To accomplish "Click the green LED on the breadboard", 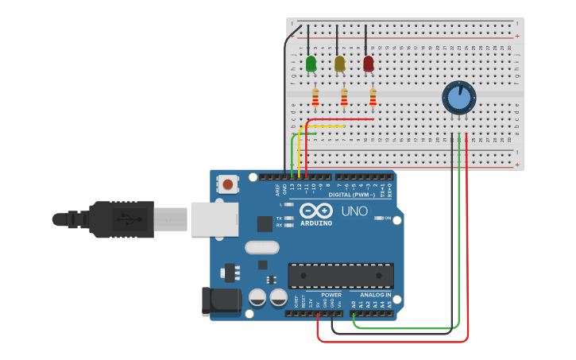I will [x=311, y=64].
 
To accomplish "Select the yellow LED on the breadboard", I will [x=340, y=64].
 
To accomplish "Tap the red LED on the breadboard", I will [x=369, y=64].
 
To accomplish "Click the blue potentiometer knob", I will [x=458, y=98].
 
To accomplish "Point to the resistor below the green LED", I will [x=315, y=98].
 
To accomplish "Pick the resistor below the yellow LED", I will [x=344, y=98].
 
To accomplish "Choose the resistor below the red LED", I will [x=373, y=98].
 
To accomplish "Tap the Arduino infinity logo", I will [x=316, y=211].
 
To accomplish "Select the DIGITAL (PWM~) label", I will [x=350, y=194].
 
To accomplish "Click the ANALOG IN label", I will [x=370, y=294].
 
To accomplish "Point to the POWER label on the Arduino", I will [x=331, y=294].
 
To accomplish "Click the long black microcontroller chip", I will [x=340, y=276].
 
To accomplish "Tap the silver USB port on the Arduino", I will [x=214, y=219].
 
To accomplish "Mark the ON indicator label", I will [x=388, y=218].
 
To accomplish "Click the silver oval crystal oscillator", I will [x=262, y=248].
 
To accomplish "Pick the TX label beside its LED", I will [x=280, y=217].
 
